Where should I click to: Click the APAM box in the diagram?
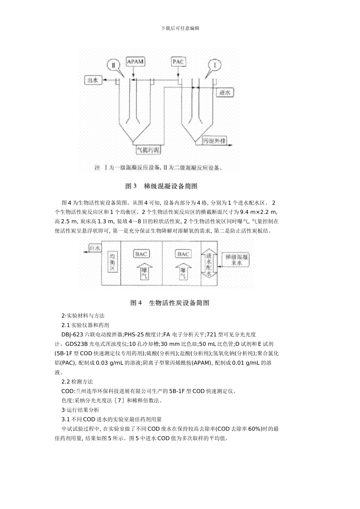[x=135, y=61]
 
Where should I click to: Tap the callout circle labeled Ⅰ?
[x=215, y=65]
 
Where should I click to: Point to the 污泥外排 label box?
[x=214, y=141]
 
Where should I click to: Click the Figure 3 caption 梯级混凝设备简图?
[x=161, y=186]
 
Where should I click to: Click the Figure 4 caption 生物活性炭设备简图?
[x=170, y=303]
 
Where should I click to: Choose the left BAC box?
[x=141, y=254]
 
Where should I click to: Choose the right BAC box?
[x=183, y=254]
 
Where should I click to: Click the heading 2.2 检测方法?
[x=77, y=381]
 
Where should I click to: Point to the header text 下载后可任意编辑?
[x=180, y=28]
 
